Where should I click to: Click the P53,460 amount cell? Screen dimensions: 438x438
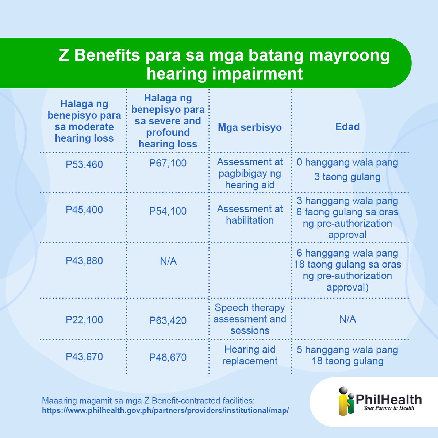[x=84, y=164]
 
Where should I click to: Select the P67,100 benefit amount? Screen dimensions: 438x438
[x=168, y=163]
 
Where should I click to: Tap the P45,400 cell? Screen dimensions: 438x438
[x=84, y=210]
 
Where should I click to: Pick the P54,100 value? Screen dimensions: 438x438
[x=168, y=211]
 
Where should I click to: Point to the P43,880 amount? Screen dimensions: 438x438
[x=84, y=261]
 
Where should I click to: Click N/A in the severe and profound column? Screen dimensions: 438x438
[x=168, y=261]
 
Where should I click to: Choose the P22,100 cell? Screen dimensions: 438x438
[x=84, y=320]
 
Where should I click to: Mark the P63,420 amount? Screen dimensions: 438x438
[x=168, y=320]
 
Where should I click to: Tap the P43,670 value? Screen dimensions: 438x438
[x=84, y=357]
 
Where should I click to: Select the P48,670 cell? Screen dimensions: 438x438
[x=168, y=357]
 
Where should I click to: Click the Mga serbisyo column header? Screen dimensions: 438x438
[x=250, y=127]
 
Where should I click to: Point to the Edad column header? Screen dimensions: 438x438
[x=347, y=127]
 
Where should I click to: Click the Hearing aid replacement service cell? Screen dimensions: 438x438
[x=250, y=355]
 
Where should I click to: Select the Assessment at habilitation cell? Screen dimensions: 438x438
[x=250, y=215]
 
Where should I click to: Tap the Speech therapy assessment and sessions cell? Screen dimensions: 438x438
[x=250, y=319]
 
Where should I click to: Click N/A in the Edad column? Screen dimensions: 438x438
[x=347, y=319]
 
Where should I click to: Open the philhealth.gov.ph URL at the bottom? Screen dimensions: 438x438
[x=165, y=410]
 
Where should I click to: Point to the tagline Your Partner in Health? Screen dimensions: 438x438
[x=389, y=408]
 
